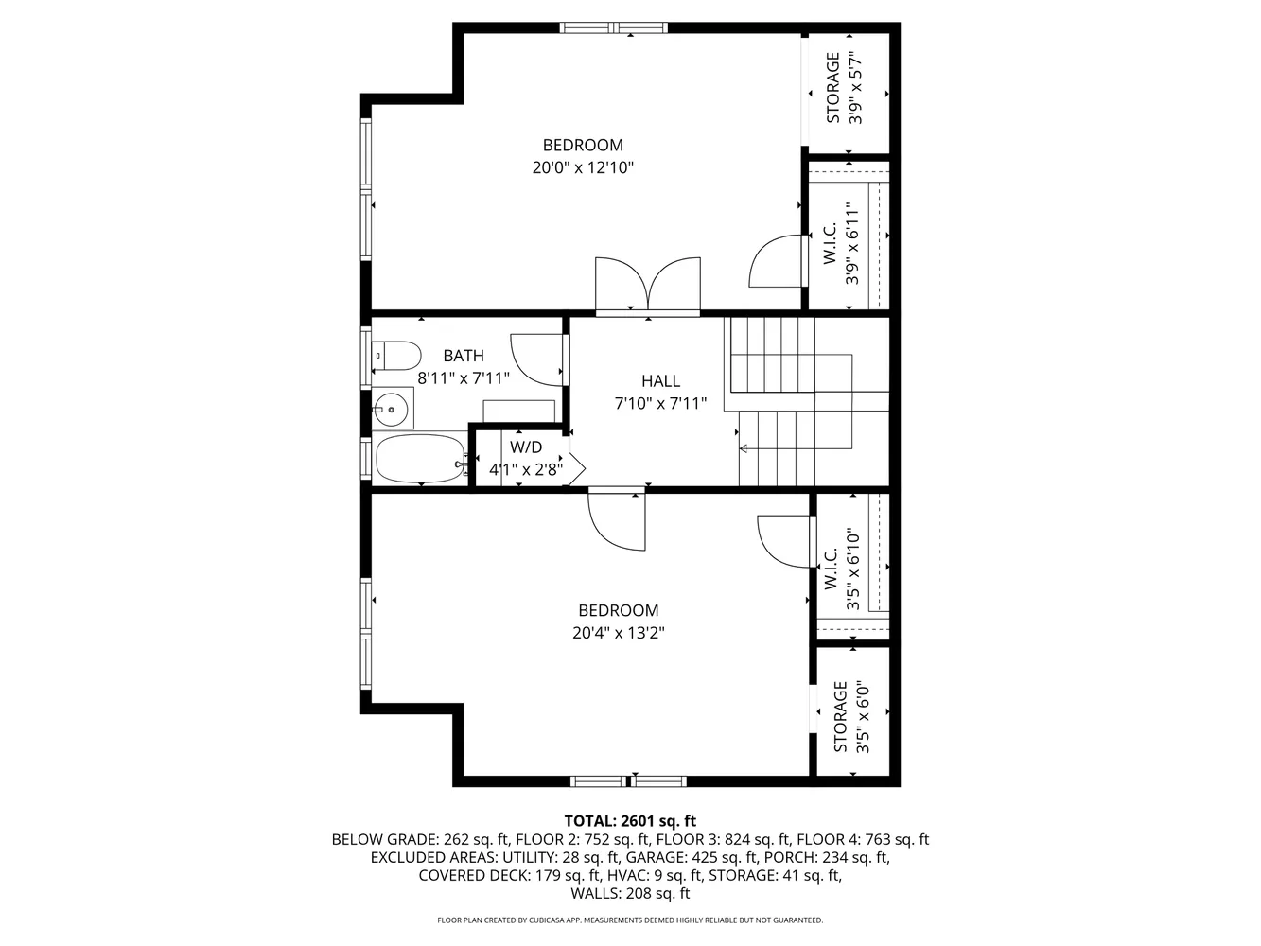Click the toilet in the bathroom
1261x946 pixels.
[x=396, y=356]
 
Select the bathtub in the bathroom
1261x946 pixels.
[x=421, y=459]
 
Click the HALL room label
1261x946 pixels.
[x=660, y=381]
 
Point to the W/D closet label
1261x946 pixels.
[x=526, y=447]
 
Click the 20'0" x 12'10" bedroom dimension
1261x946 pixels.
[x=582, y=168]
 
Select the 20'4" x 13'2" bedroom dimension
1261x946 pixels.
[x=618, y=634]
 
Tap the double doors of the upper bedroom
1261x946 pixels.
[x=648, y=283]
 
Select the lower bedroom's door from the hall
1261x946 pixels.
[x=616, y=519]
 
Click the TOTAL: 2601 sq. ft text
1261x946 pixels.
[x=630, y=820]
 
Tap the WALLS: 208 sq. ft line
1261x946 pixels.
[x=630, y=893]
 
